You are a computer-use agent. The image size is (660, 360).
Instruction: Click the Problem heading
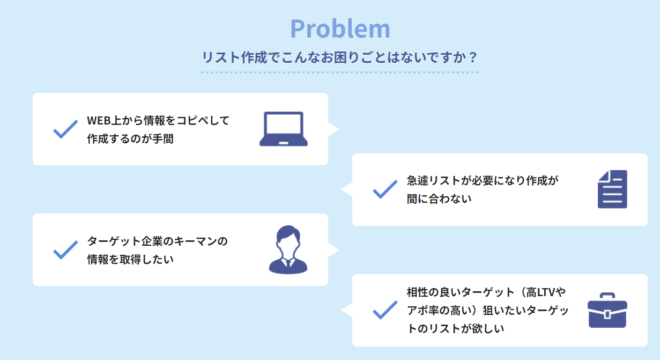(340, 29)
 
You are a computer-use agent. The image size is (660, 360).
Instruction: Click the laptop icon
(284, 129)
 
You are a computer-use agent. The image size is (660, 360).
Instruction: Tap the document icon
(612, 189)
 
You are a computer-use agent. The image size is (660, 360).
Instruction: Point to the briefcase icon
(607, 311)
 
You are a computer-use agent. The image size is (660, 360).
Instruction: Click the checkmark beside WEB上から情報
(65, 129)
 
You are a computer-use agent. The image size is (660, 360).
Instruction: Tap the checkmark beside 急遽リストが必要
(385, 189)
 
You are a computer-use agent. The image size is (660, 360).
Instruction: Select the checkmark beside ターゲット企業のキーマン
(65, 249)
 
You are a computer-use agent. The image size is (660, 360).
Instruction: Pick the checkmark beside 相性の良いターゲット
(385, 310)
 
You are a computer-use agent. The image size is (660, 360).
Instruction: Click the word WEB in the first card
(98, 121)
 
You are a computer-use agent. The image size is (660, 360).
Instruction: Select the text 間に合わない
(439, 199)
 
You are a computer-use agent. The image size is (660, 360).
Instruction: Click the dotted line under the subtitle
(340, 72)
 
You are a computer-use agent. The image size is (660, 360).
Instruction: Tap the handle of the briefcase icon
(607, 296)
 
